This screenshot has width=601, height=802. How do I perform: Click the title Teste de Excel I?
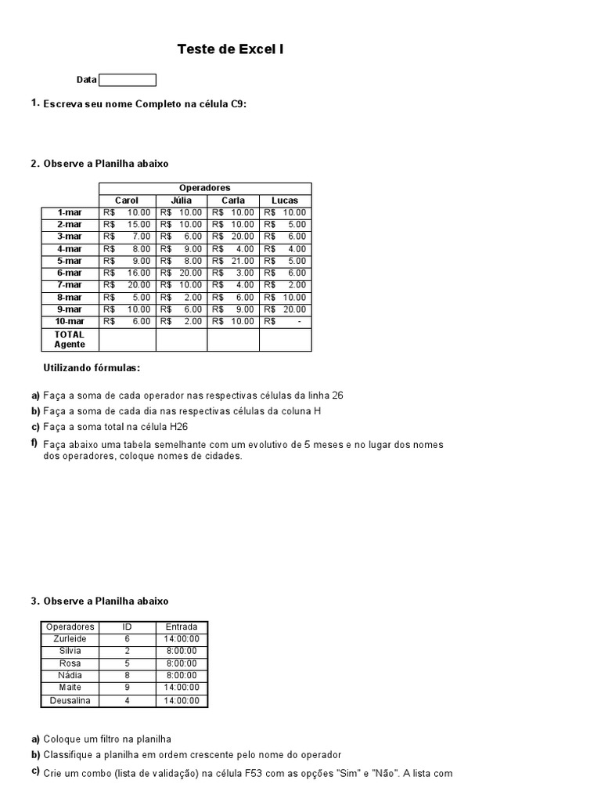coord(230,49)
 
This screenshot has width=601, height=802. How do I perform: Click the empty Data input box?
coord(128,80)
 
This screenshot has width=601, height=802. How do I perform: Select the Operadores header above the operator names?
coord(205,188)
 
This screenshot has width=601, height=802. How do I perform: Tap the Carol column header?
coord(127,200)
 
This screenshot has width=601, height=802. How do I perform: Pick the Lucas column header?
coord(285,200)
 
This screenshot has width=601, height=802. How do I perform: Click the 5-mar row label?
coord(70,261)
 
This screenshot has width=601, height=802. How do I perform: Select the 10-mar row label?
coord(70,322)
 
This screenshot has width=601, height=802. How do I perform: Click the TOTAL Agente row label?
coord(70,339)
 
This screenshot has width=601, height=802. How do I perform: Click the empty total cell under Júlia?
coord(182,339)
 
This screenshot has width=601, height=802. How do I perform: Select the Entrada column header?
coord(182,627)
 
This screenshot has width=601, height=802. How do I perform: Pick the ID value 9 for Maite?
coord(128,688)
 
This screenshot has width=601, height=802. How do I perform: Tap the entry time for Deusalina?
coord(182,700)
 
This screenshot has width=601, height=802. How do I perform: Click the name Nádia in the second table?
coord(70,675)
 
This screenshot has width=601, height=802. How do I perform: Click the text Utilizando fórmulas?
coord(92,368)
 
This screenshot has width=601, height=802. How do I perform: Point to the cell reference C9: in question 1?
coord(238,104)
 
